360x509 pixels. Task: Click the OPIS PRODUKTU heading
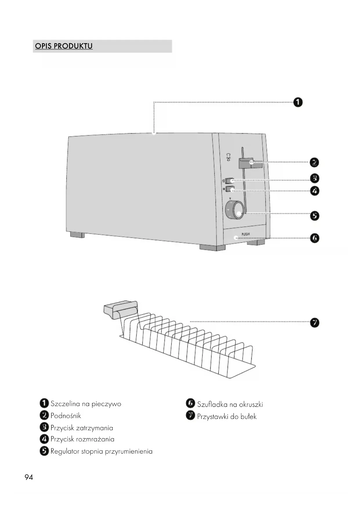(x=64, y=46)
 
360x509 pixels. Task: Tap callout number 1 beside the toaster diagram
(x=298, y=102)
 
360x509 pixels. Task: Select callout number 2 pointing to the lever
(x=314, y=163)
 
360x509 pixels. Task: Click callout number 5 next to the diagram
(x=314, y=216)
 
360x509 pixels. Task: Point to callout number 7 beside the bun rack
(x=314, y=323)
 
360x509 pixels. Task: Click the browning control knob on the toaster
(x=235, y=210)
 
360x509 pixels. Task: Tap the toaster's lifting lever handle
(x=250, y=163)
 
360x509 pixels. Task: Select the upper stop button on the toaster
(x=230, y=181)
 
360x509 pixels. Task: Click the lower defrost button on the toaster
(x=230, y=189)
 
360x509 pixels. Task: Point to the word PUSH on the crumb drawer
(x=245, y=234)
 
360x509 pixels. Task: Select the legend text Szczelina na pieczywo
(x=86, y=404)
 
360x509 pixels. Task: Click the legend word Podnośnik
(x=66, y=416)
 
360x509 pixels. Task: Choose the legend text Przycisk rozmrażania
(x=82, y=439)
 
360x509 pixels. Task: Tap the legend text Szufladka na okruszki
(x=230, y=404)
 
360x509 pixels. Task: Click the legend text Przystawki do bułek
(x=227, y=417)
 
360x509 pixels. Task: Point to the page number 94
(x=29, y=477)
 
